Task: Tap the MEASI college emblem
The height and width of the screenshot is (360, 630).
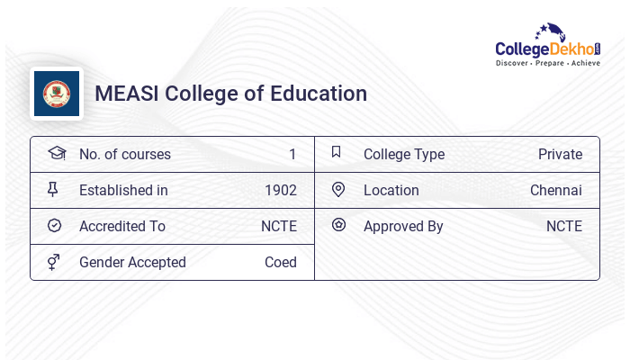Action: coord(57,94)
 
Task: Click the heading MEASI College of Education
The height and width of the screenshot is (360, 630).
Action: coord(230,94)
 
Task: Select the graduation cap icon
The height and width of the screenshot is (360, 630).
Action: coord(56,154)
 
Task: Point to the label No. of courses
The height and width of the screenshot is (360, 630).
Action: coord(124,155)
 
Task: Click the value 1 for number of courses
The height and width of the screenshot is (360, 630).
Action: coord(292,155)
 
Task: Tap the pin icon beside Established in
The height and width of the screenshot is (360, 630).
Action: coord(53,190)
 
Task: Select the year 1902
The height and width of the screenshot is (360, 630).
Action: coord(280,191)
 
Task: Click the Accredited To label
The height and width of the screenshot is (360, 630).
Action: coord(121,227)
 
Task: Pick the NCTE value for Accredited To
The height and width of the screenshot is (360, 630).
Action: coord(278,227)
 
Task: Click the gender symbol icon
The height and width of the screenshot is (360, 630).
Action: coord(53,262)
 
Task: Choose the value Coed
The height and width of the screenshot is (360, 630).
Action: coord(280,263)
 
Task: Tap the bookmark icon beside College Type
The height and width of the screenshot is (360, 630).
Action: coord(337,153)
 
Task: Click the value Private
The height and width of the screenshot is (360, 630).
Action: coord(560,155)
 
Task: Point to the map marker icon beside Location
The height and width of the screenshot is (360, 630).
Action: coord(338,190)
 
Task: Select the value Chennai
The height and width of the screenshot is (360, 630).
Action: coord(555,191)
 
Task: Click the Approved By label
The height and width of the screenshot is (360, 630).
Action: coord(402,227)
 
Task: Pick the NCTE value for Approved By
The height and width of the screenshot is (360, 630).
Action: coord(563,227)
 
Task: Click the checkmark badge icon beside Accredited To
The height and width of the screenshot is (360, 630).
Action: coord(54,226)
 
